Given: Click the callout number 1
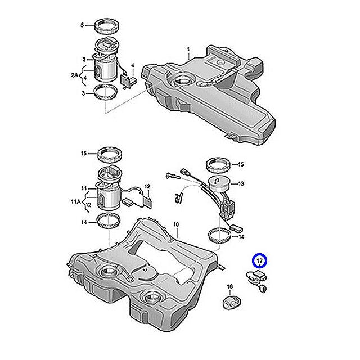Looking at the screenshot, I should point(189,50).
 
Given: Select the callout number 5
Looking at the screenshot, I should point(83,25).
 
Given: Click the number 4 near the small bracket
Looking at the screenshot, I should point(133,66).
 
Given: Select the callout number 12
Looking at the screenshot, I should point(147,186).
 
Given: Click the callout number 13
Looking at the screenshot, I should point(242,183).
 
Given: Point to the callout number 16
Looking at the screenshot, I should point(229,287).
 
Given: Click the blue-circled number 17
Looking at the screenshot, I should point(259,262).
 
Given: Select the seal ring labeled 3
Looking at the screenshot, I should point(106,91).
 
